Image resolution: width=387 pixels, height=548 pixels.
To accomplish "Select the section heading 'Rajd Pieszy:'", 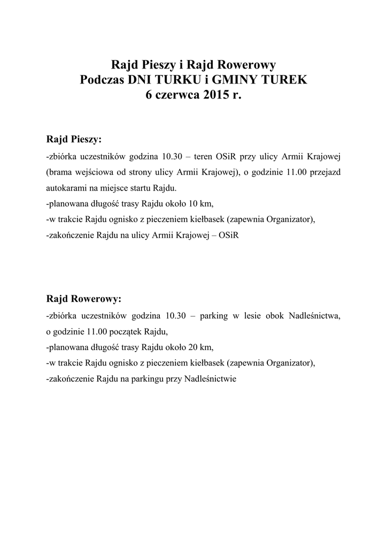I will click(x=74, y=140).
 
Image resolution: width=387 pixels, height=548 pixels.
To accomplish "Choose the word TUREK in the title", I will click(x=283, y=81).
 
